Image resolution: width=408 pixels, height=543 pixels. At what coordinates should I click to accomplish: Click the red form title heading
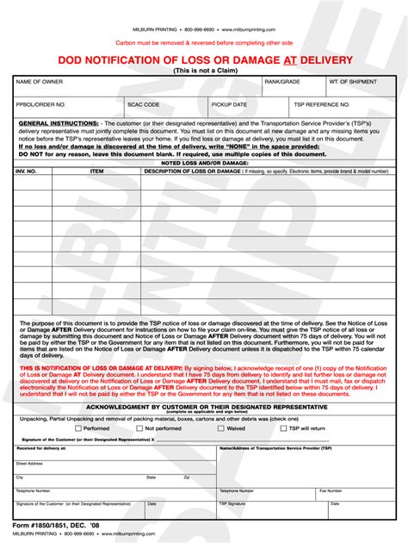pos(203,59)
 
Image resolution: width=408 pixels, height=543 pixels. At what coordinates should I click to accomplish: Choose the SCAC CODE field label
pos(144,103)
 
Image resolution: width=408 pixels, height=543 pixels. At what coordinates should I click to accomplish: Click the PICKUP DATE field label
pos(229,103)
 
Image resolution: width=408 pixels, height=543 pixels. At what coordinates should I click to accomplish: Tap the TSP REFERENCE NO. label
pos(322,103)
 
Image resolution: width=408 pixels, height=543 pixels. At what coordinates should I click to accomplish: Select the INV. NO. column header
pos(27,171)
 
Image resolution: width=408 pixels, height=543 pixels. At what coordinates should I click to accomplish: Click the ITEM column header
pos(96,171)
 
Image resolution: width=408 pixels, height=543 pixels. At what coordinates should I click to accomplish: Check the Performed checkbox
pos(78,428)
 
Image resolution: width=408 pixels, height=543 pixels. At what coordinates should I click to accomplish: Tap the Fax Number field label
pos(331,490)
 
